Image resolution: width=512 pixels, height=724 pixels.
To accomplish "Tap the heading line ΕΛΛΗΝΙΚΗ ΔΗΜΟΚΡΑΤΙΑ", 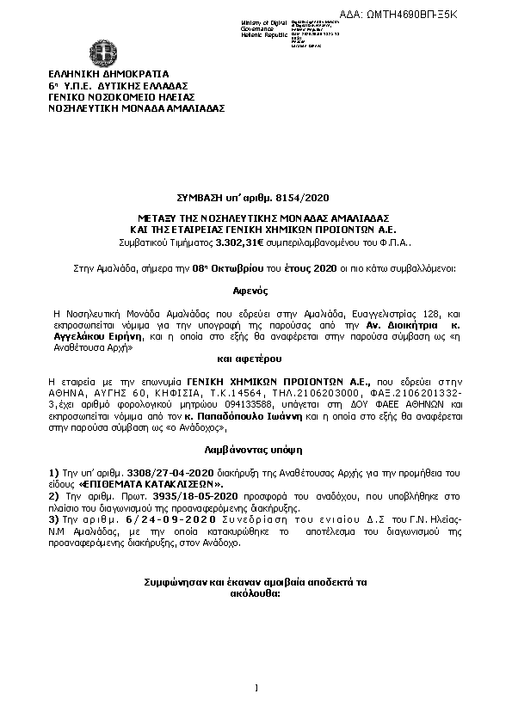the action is coord(108,75).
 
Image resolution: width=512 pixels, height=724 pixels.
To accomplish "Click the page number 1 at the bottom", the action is coord(256,686).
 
